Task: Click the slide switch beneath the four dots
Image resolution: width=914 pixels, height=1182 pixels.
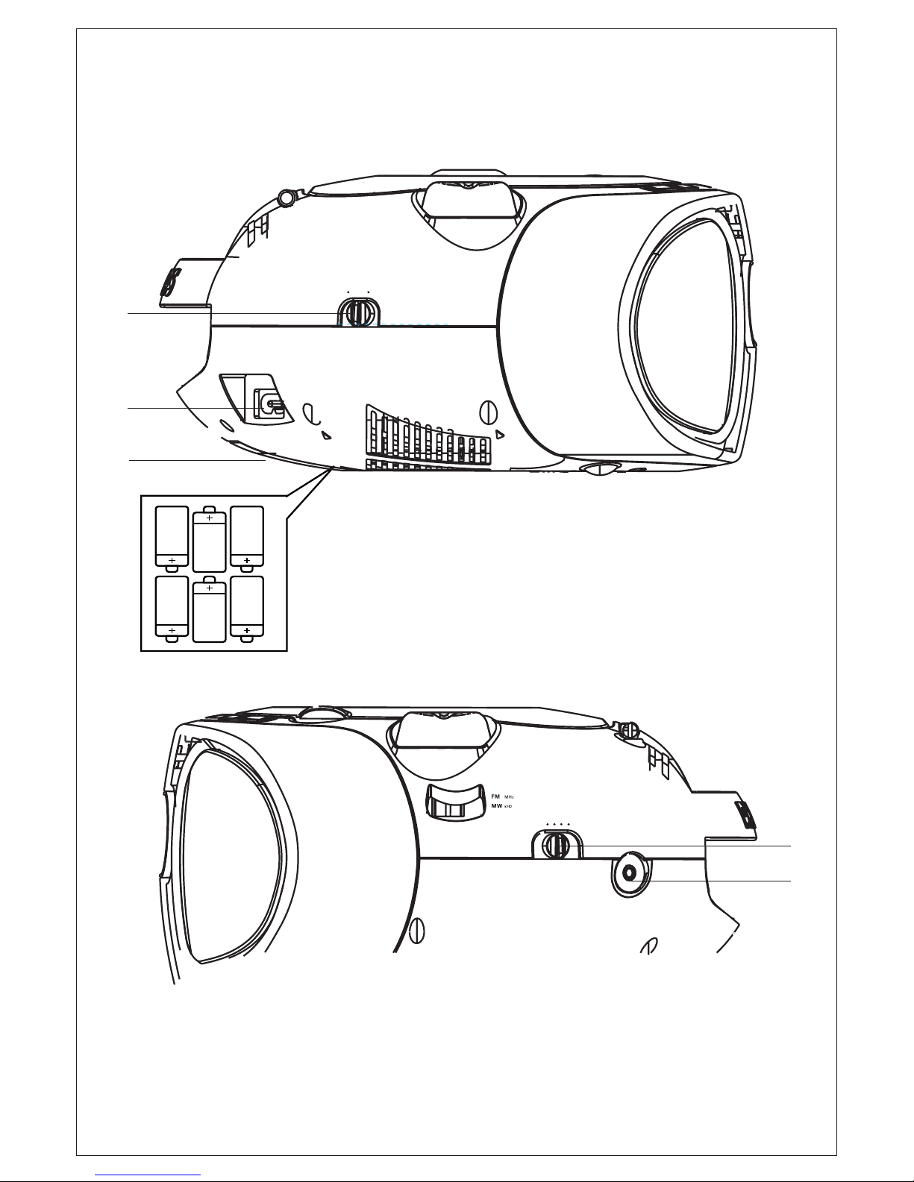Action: (x=555, y=845)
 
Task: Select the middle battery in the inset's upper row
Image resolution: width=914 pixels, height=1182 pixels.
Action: (x=210, y=540)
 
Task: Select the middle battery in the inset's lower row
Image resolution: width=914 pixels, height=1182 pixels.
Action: (x=210, y=612)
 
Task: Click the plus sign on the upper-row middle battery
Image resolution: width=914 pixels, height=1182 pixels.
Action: (x=210, y=517)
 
